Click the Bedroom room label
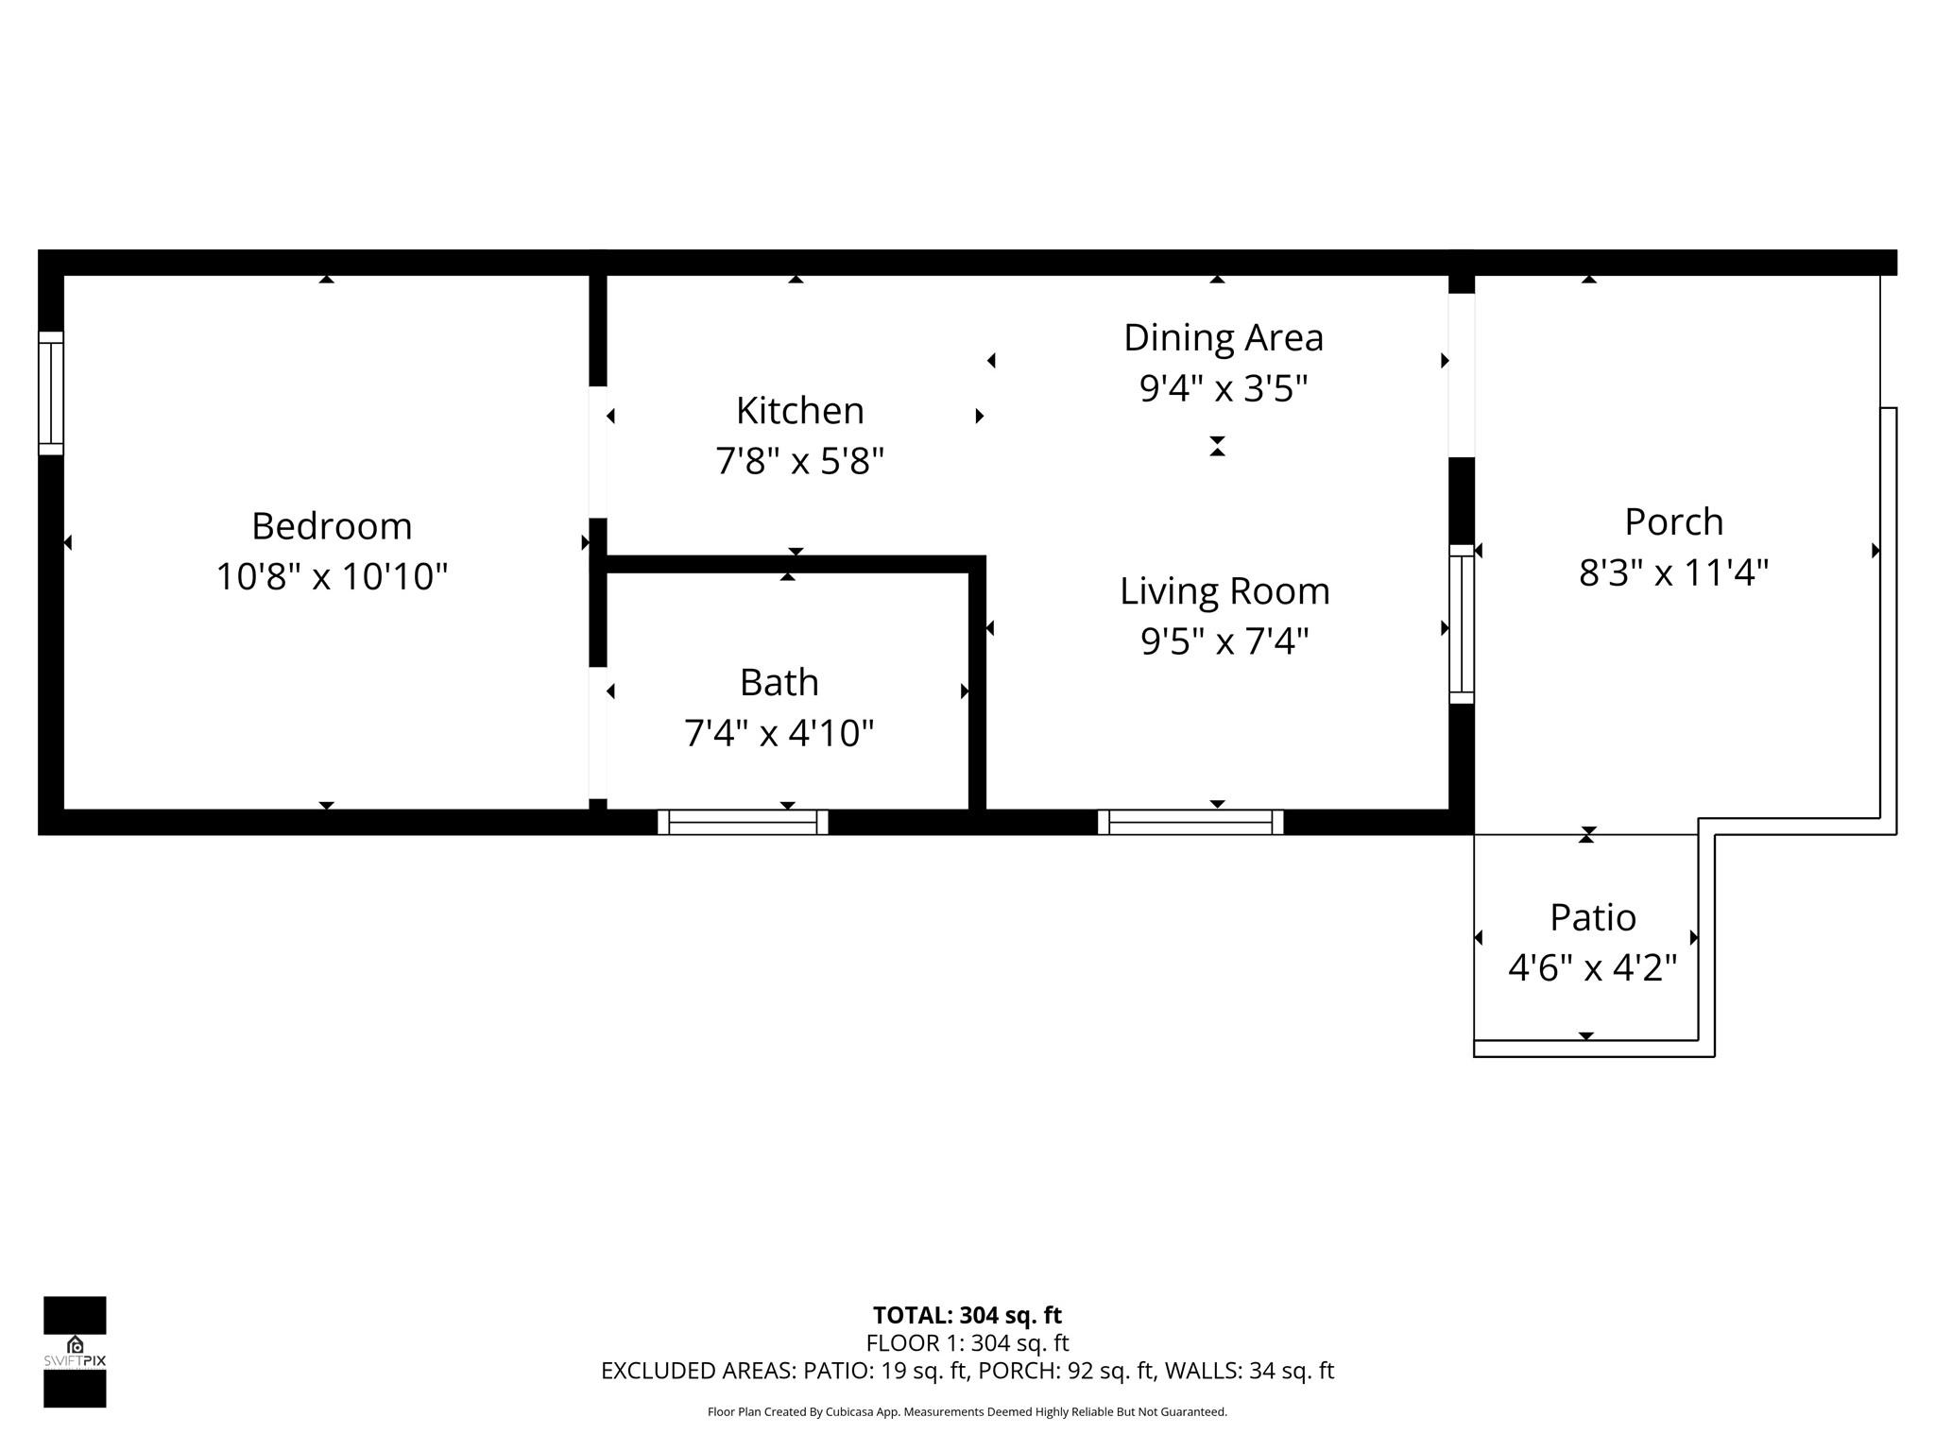pos(332,526)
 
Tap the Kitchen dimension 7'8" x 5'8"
pos(799,461)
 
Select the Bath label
pos(779,682)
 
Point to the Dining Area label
pos(1223,337)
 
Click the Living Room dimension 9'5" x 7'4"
pos(1224,641)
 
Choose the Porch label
pos(1673,521)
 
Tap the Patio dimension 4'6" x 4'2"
pos(1592,967)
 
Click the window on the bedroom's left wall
pos(51,393)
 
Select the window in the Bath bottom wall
pos(743,823)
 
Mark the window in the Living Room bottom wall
pos(1190,823)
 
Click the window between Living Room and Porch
pos(1462,624)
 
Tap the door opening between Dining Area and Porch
pos(1462,375)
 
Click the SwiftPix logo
pos(75,1351)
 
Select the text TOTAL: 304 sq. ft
pos(967,1315)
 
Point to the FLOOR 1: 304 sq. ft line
pos(967,1342)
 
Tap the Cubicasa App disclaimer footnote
pos(967,1412)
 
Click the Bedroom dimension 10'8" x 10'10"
pos(332,576)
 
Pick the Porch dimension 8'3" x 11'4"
pos(1673,572)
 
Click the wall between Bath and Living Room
pos(978,690)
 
